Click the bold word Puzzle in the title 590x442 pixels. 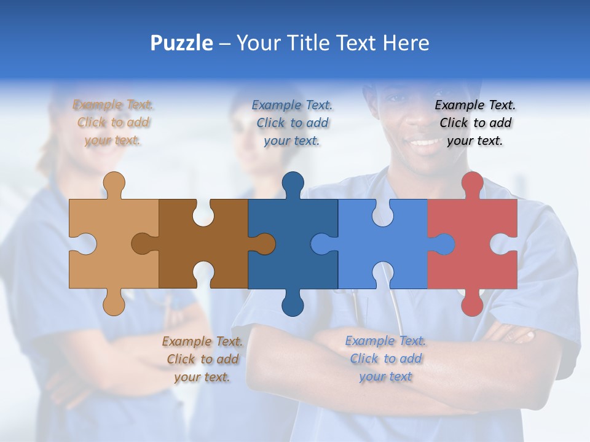(182, 43)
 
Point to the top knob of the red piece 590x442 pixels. (472, 183)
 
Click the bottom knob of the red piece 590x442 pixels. (472, 304)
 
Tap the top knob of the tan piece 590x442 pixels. (114, 183)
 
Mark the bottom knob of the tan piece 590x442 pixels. (114, 304)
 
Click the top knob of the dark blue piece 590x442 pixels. (293, 183)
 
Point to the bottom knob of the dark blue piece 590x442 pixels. (293, 304)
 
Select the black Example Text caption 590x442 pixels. (475, 123)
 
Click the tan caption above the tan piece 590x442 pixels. (113, 123)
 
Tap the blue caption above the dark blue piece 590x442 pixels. (293, 123)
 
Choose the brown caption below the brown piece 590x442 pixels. (202, 359)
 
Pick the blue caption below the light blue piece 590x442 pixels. (385, 359)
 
